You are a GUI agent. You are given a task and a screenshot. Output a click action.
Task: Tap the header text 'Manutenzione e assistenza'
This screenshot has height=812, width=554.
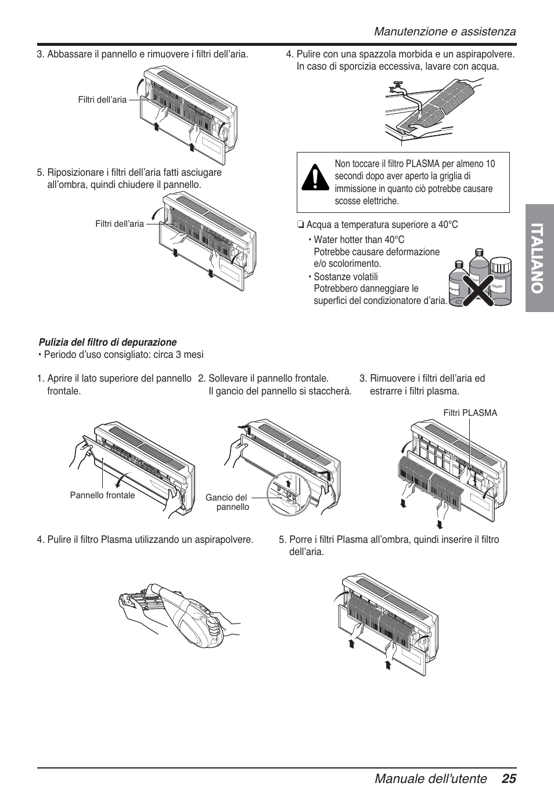pos(444,31)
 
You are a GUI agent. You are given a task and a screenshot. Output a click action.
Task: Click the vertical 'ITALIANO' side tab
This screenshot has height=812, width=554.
pos(539,259)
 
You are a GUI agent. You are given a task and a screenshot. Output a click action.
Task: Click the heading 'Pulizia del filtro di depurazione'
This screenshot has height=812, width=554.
pos(107,342)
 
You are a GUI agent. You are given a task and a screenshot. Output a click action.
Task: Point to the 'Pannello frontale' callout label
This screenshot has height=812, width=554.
pos(102,495)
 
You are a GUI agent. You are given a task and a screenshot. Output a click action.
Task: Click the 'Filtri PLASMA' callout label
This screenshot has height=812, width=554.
pos(470,413)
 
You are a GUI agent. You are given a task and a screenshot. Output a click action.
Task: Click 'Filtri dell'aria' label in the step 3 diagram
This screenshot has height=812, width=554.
pos(102,100)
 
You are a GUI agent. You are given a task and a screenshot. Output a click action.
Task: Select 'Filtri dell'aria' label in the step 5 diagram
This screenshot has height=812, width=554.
pos(120,224)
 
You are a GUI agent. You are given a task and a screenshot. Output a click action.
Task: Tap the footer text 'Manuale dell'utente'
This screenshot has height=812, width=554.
pos(430,779)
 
